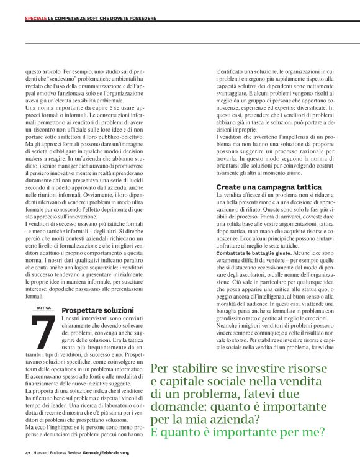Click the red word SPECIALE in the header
35,18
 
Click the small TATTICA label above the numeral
43,308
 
